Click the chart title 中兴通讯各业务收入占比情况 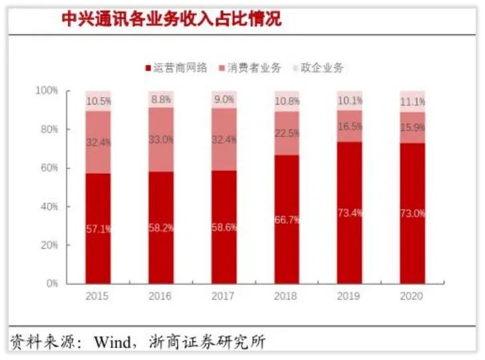[172, 19]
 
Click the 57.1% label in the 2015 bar [98, 229]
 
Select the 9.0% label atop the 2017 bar [224, 100]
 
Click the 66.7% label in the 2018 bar [287, 220]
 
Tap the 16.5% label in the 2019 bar [350, 126]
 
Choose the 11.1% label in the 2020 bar [412, 101]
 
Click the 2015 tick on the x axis [98, 295]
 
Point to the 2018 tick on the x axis [287, 295]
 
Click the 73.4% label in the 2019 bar [350, 213]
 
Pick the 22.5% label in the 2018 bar [287, 132]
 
